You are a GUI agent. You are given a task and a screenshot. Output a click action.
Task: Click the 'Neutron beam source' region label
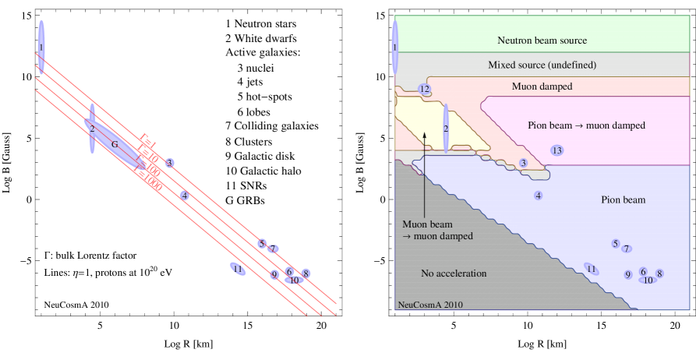click(x=542, y=40)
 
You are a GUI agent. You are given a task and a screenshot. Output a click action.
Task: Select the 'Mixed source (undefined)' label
click(x=542, y=63)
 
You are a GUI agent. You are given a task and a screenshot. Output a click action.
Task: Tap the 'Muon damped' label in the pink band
click(x=542, y=86)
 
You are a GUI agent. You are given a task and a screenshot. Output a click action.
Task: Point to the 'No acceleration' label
click(x=453, y=274)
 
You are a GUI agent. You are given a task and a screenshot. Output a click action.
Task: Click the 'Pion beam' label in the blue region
click(x=624, y=200)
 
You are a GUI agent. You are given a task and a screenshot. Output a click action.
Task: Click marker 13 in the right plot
click(x=556, y=150)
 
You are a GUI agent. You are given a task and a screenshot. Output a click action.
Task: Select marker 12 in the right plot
click(x=425, y=90)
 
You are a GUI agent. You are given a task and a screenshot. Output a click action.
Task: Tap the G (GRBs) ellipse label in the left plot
click(x=115, y=145)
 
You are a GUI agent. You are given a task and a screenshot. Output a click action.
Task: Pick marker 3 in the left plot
click(x=169, y=163)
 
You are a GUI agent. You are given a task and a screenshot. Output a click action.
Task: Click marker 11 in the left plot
click(x=237, y=269)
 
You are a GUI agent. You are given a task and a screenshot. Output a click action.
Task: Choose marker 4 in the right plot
click(x=539, y=195)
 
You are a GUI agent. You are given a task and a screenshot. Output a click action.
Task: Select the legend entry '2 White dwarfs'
click(x=261, y=38)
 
